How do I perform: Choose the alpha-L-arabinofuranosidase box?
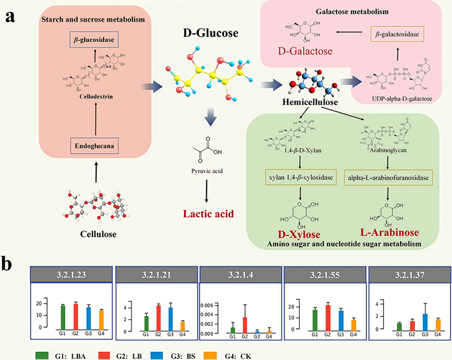tap(388, 177)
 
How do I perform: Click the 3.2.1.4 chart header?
tap(239, 274)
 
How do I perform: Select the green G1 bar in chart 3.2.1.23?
tap(62, 317)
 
